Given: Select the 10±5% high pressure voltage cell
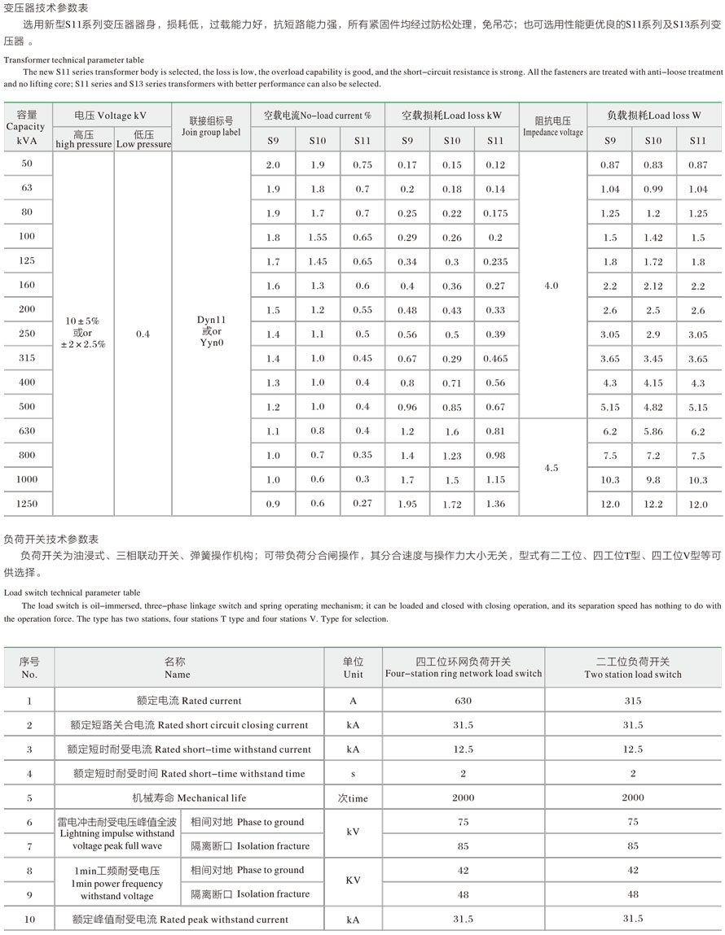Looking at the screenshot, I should [x=82, y=334].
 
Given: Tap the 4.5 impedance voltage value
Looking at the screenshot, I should [x=551, y=468].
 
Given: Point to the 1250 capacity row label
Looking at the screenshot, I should [x=27, y=504].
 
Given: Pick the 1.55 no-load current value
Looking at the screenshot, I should [x=318, y=238].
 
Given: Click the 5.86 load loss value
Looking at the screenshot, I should [x=653, y=432].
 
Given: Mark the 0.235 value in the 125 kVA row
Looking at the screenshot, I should [x=495, y=262].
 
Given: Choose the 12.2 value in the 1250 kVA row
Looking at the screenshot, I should [x=653, y=505].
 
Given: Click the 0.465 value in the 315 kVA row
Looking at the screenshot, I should [x=495, y=359].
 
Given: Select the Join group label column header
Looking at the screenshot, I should [x=211, y=127].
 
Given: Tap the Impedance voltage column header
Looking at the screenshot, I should [x=552, y=126].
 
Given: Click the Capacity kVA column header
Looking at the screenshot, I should [x=27, y=127].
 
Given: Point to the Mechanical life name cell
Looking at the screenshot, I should [x=189, y=797].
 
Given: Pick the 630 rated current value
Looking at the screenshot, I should [x=463, y=701].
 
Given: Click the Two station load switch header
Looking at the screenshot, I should [x=633, y=668].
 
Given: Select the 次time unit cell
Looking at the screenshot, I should [x=353, y=798].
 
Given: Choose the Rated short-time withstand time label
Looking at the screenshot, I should [x=189, y=774].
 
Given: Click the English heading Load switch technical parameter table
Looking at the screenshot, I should [x=72, y=593].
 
